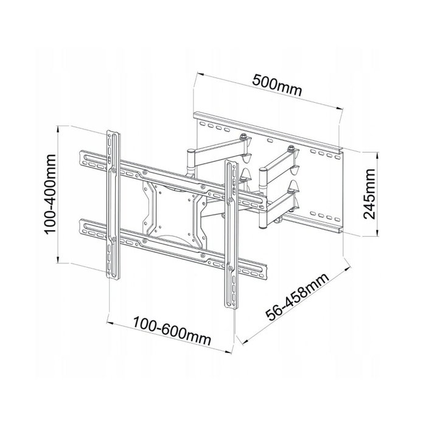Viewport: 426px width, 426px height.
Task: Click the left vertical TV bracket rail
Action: click(x=114, y=207)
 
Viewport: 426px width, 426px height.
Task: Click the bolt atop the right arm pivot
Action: click(x=292, y=147)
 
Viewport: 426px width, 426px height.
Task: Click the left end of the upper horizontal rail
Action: click(x=84, y=158)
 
